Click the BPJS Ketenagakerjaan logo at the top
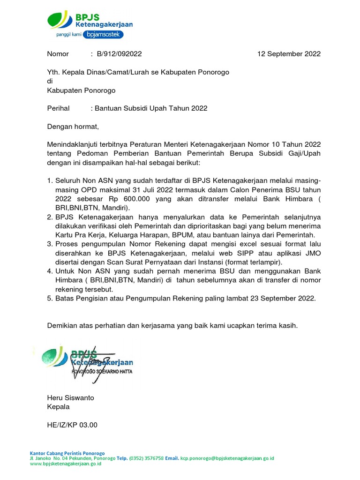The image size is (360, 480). pyautogui.click(x=89, y=20)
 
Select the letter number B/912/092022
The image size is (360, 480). pyautogui.click(x=119, y=54)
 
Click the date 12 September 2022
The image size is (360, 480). pyautogui.click(x=289, y=54)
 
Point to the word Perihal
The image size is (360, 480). pyautogui.click(x=59, y=108)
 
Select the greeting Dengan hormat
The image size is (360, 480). pyautogui.click(x=73, y=126)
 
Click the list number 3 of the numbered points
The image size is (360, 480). pyautogui.click(x=50, y=244)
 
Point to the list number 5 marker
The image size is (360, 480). pyautogui.click(x=50, y=298)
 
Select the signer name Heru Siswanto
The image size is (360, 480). pyautogui.click(x=71, y=398)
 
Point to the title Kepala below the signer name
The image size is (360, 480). pyautogui.click(x=59, y=407)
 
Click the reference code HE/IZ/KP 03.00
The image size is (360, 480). pyautogui.click(x=73, y=425)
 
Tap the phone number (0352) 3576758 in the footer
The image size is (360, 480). pyautogui.click(x=146, y=458)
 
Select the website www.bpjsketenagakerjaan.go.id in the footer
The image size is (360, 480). pyautogui.click(x=66, y=464)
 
